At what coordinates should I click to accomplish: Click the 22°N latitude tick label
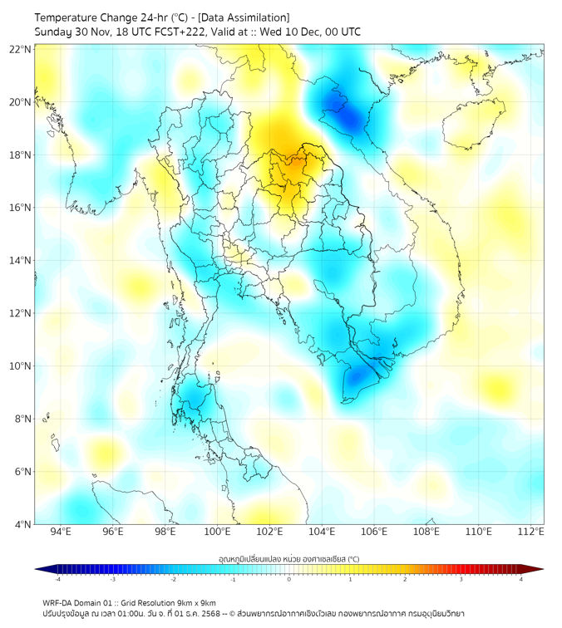pos(21,49)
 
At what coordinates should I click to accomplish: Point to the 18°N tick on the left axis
pos(21,155)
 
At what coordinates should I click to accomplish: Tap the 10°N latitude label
pos(21,366)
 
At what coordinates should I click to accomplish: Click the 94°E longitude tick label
pos(61,532)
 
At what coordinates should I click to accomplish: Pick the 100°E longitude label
pos(218,532)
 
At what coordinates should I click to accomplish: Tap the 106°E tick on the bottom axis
pos(375,532)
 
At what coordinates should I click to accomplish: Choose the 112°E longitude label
pos(531,532)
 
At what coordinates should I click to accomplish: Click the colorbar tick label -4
pos(57,579)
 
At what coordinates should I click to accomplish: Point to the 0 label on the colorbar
pos(289,579)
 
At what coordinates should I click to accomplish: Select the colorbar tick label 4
pos(521,579)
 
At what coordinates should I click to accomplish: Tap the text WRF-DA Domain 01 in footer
pos(77,602)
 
